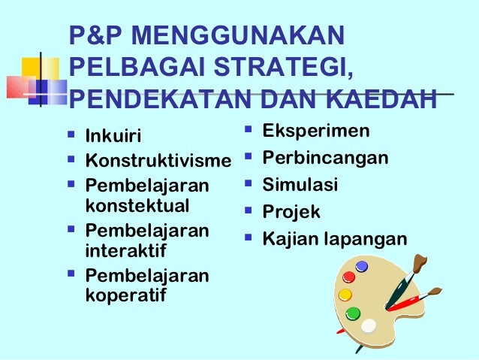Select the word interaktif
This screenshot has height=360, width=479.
pos(126,249)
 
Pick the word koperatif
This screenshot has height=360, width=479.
pos(127,294)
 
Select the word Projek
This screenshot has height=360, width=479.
pos(291,212)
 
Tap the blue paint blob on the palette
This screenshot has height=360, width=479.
pos(362,266)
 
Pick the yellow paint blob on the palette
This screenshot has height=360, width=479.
pos(345,295)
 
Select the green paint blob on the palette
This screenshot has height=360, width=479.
pos(353,313)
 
